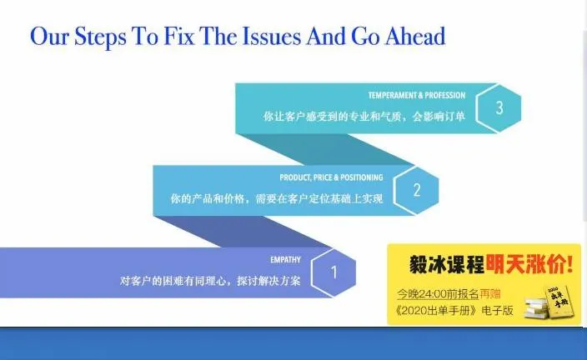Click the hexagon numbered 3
tap(499, 107)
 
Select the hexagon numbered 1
tap(334, 272)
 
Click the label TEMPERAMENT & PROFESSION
tap(417, 95)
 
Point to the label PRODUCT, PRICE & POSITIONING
tap(331, 177)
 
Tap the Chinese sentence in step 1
tap(209, 281)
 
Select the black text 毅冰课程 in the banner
tap(446, 266)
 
